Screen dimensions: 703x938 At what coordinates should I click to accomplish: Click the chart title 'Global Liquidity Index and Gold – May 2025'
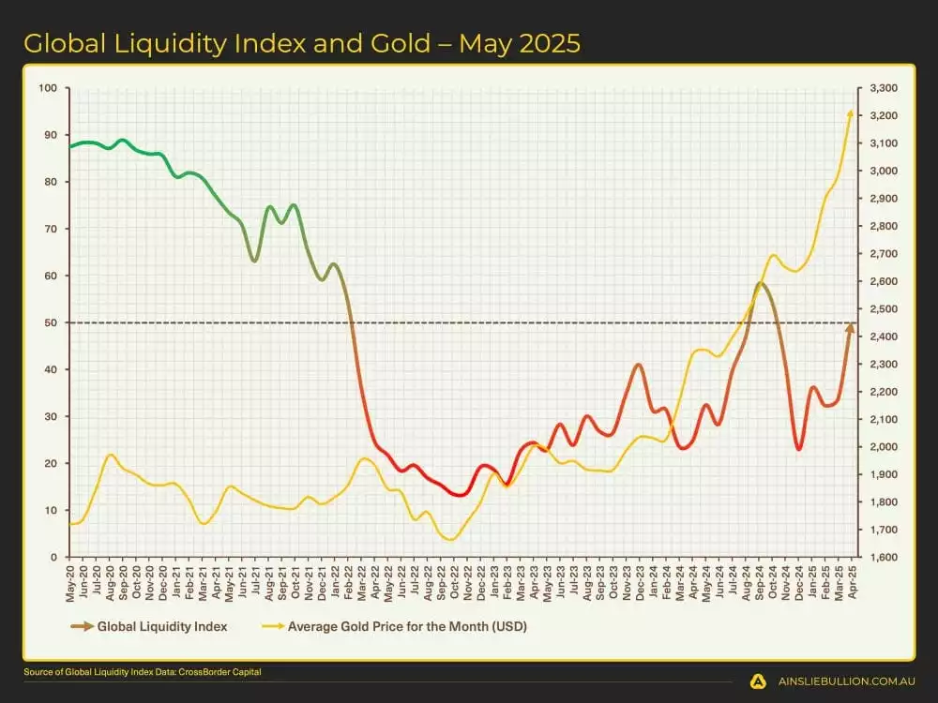point(301,43)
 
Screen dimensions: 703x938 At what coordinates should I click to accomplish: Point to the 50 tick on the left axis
point(52,322)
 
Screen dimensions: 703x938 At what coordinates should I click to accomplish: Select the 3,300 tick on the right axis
point(884,88)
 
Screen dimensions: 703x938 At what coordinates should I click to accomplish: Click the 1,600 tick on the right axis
point(884,557)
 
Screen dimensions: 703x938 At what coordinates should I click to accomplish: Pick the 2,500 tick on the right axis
point(884,308)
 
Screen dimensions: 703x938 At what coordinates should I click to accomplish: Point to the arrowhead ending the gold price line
point(851,113)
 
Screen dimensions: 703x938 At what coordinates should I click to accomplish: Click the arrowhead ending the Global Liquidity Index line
point(851,327)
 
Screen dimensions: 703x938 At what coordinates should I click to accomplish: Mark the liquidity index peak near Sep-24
point(761,282)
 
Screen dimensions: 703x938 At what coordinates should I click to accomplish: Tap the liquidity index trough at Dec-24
point(798,449)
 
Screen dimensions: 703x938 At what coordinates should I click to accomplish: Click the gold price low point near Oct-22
point(451,540)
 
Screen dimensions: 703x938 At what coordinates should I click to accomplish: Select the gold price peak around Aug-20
point(111,455)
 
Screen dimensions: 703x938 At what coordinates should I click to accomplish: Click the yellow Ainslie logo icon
point(758,682)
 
